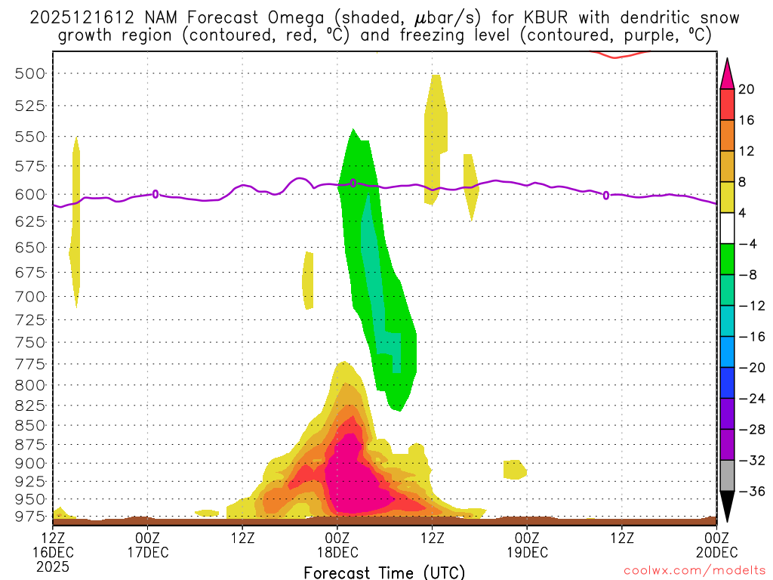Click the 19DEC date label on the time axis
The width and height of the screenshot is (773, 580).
(x=527, y=552)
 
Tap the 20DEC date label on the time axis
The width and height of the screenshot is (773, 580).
(x=715, y=552)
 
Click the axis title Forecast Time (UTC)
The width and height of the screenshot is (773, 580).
(x=384, y=572)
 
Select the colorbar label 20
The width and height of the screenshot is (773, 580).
(x=747, y=89)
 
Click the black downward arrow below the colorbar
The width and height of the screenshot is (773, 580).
(x=728, y=507)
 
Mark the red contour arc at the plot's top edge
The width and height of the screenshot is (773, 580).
(x=618, y=54)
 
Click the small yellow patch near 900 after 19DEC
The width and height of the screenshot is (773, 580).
(x=515, y=469)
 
